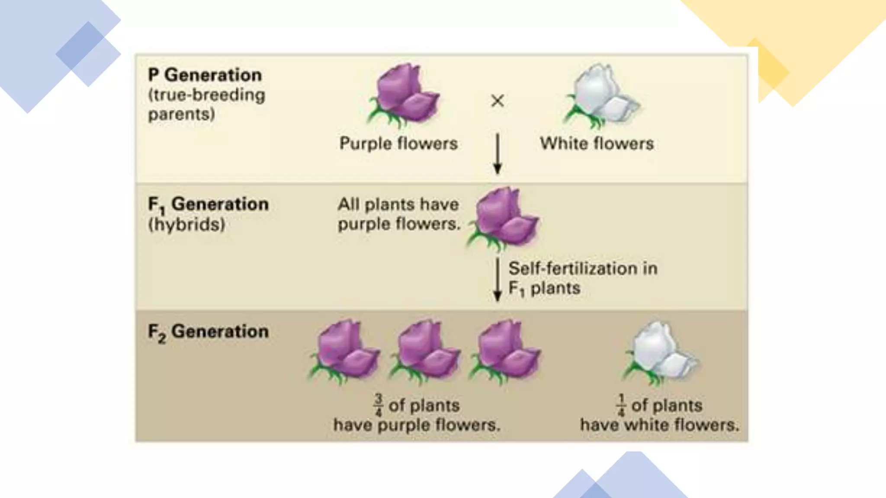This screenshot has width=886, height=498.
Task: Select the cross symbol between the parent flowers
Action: (x=498, y=101)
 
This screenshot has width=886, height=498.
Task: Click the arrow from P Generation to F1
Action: (x=498, y=153)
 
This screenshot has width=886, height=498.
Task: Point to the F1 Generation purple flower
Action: (x=504, y=218)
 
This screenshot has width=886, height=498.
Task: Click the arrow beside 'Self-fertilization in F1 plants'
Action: (x=498, y=279)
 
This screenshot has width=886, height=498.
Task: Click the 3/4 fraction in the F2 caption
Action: (x=379, y=405)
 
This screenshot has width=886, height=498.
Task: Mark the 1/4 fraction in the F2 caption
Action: (x=621, y=405)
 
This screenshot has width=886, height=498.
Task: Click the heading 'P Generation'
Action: (x=205, y=75)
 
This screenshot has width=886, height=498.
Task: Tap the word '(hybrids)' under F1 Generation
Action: (x=186, y=224)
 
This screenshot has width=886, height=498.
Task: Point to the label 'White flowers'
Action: (x=597, y=144)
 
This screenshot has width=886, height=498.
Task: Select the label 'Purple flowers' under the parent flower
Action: (x=398, y=144)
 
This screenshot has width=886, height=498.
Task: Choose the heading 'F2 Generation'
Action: (x=208, y=332)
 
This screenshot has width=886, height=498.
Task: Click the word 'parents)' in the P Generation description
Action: (x=181, y=114)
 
